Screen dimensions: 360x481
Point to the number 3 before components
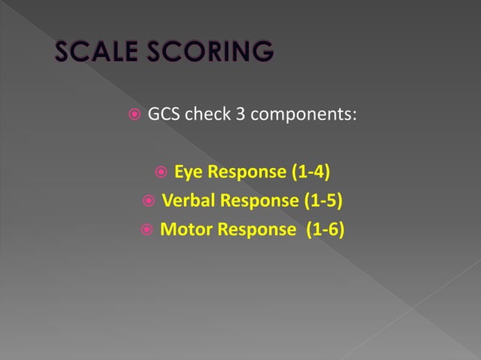(240, 115)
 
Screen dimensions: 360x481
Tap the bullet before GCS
(133, 116)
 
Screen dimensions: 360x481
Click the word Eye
(189, 172)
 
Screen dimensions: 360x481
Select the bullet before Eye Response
(159, 172)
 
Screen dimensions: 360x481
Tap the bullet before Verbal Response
(148, 201)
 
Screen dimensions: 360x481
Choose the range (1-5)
(323, 201)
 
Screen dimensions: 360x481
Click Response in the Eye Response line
(247, 173)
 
